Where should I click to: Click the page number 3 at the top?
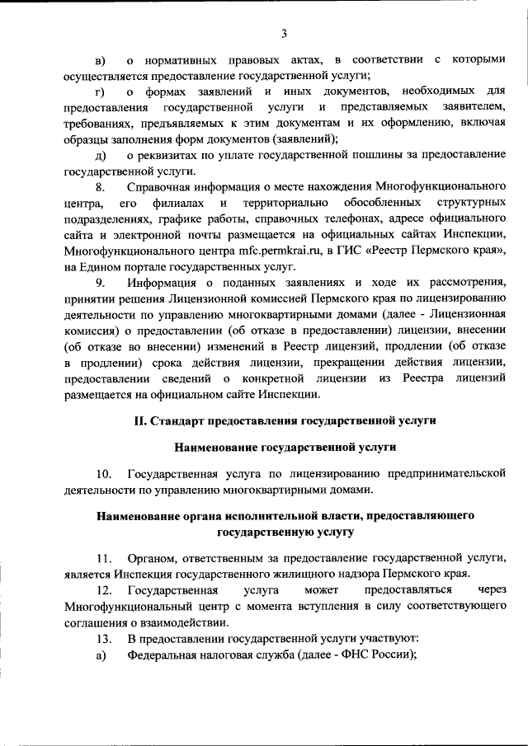tap(284, 33)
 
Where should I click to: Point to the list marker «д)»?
tap(101, 156)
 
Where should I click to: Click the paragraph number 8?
tap(100, 188)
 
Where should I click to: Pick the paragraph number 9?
tap(100, 284)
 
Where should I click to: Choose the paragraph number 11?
tap(103, 558)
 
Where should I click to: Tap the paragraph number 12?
tap(103, 590)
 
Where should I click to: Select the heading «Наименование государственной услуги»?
tap(285, 447)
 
